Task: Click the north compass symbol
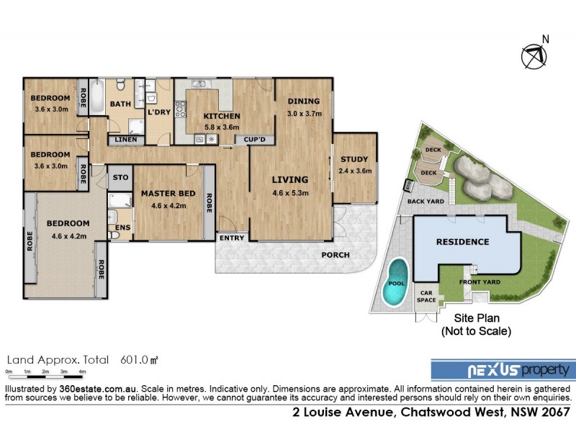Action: tap(534, 55)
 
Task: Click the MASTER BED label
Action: tap(167, 194)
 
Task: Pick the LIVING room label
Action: tap(289, 180)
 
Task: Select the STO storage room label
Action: tap(120, 177)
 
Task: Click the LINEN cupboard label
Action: tap(125, 140)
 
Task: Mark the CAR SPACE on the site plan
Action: tap(426, 295)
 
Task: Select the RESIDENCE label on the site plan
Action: tap(462, 242)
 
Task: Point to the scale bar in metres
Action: tap(45, 372)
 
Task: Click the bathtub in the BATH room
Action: tap(99, 94)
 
